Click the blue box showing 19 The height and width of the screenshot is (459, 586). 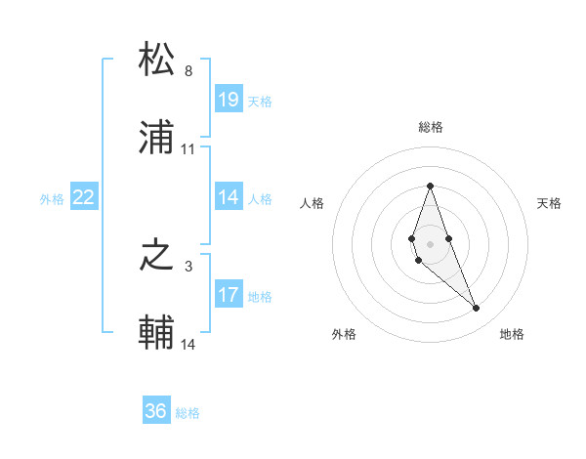[229, 100]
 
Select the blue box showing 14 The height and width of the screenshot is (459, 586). [229, 197]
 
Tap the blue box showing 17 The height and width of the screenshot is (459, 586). [229, 295]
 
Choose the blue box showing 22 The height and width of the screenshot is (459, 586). [84, 197]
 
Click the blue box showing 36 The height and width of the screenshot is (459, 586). [156, 412]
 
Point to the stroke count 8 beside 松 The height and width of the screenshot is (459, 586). [188, 71]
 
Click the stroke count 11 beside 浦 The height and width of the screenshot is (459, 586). [188, 149]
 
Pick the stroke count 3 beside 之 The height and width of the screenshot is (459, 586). [188, 266]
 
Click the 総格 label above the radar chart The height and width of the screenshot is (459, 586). [431, 127]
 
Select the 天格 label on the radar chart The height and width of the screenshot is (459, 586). [549, 203]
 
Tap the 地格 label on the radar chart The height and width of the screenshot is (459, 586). [512, 334]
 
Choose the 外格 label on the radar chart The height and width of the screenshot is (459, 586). [344, 334]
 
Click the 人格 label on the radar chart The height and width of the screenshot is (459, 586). [313, 203]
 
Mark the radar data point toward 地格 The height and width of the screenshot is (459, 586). [477, 309]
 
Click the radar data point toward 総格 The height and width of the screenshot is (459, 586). [430, 186]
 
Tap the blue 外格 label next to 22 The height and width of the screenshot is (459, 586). [52, 198]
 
